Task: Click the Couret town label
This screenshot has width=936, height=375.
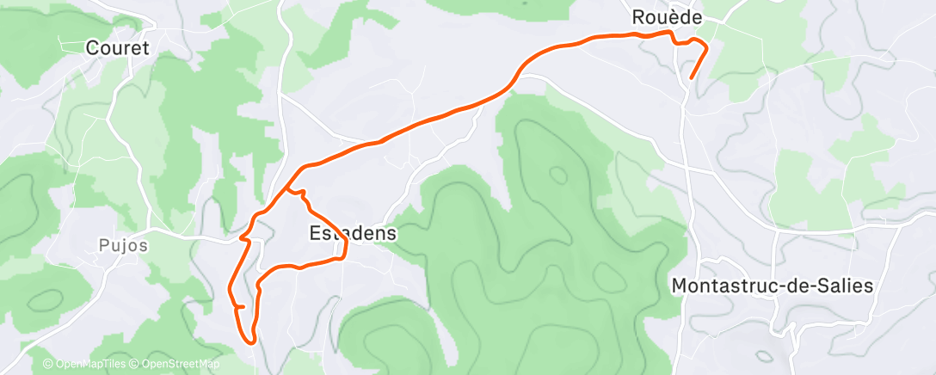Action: click(118, 48)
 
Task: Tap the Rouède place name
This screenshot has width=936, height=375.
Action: click(667, 16)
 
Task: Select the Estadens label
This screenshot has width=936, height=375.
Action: click(353, 233)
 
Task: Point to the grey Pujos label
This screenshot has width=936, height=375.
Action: click(118, 245)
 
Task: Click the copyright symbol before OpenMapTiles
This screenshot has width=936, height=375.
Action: click(48, 365)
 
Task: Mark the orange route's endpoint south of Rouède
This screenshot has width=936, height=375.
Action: click(692, 78)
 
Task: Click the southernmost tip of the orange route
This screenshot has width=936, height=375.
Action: click(251, 341)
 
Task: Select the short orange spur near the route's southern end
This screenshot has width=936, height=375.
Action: click(241, 306)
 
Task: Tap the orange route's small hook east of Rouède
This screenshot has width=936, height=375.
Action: click(700, 42)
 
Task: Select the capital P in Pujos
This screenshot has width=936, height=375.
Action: click(94, 245)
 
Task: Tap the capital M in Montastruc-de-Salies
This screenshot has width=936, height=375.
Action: click(680, 286)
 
